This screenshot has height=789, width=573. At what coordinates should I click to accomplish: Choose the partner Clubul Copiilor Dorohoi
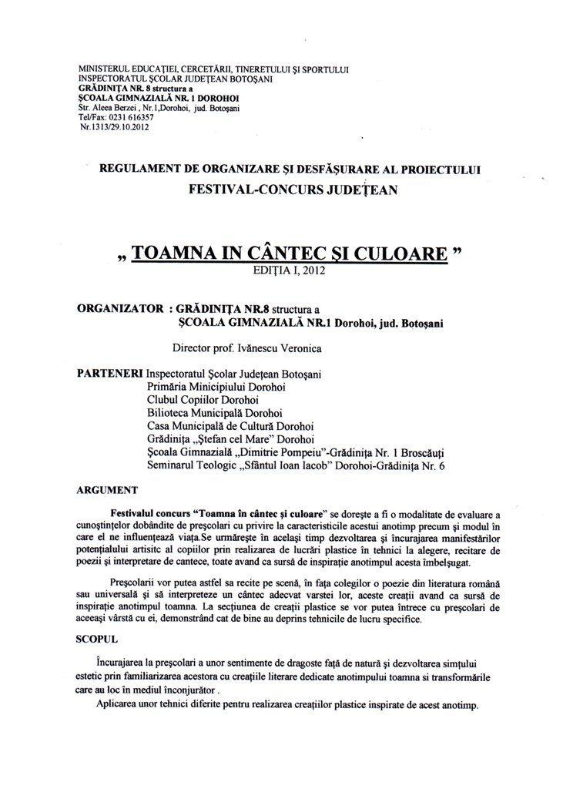203,399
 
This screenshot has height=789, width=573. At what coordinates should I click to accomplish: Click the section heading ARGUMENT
108,489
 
